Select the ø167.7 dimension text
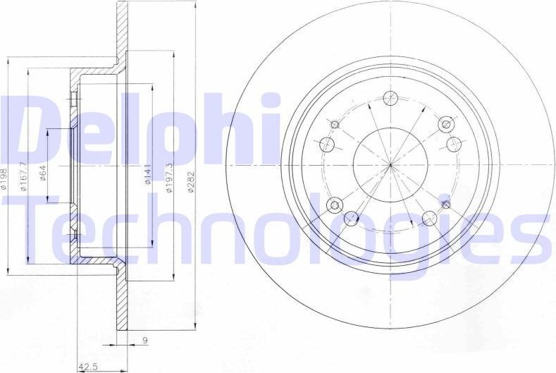click(25, 176)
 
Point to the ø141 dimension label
click(148, 174)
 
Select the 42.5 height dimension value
click(87, 366)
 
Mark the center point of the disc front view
click(390, 165)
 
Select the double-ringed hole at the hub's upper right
click(445, 125)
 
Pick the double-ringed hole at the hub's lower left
click(335, 205)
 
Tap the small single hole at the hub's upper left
click(335, 126)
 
